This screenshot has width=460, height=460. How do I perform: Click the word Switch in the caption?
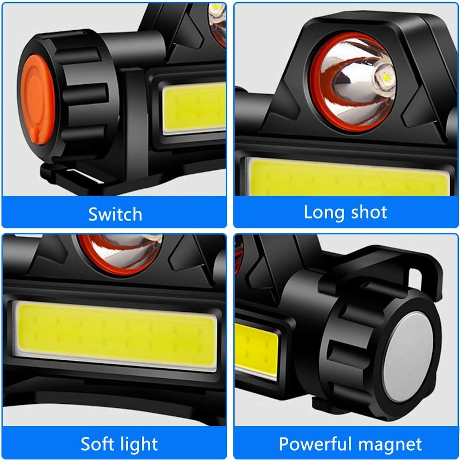coord(115,214)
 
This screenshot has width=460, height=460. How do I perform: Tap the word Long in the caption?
coord(324,213)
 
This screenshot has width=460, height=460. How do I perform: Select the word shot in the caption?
coord(369,212)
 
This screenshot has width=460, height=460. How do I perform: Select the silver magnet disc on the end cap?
coord(408,357)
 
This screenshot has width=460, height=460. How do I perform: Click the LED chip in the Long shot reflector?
coord(385,78)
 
